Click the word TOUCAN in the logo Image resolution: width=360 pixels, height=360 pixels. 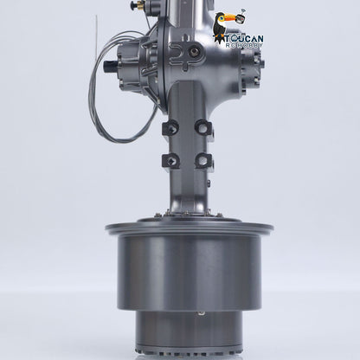(244, 39)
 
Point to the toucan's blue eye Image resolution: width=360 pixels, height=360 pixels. (221, 19)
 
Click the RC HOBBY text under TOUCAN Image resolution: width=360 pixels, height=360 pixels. (244, 46)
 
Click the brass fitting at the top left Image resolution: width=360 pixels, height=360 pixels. (141, 5)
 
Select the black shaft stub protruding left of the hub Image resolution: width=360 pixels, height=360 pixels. (110, 67)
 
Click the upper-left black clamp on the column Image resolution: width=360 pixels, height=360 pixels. (170, 128)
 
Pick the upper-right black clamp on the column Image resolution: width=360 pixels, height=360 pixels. (203, 127)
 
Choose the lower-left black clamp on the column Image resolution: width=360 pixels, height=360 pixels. (170, 161)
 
